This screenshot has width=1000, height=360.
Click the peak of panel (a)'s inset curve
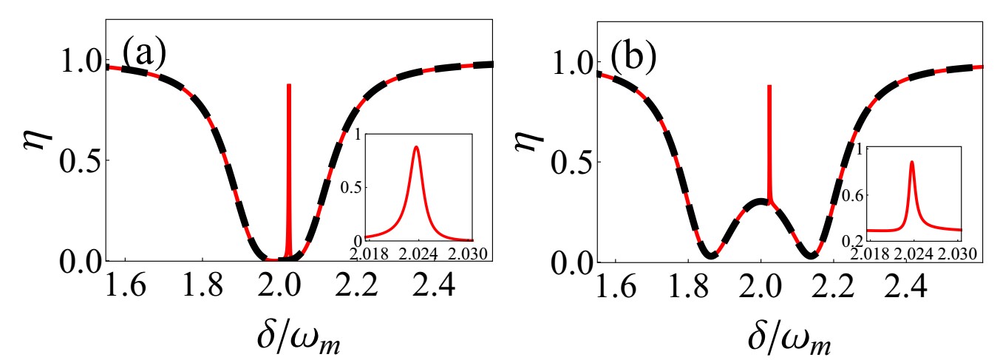pyautogui.click(x=417, y=147)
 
